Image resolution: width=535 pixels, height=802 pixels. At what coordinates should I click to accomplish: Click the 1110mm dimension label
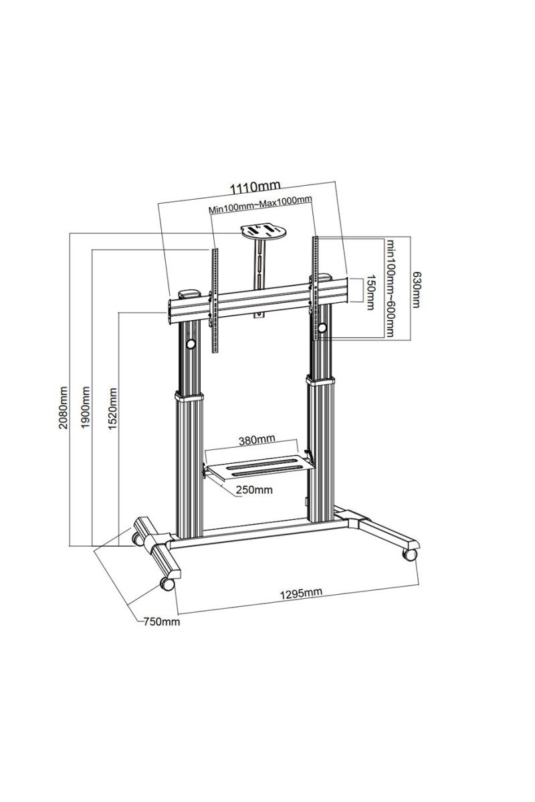coord(255,187)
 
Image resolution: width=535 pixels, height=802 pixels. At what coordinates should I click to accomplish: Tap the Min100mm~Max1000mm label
coord(260,207)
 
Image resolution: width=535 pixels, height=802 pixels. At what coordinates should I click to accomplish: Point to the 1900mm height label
coord(86,407)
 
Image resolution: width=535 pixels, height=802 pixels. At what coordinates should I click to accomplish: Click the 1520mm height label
coord(112,408)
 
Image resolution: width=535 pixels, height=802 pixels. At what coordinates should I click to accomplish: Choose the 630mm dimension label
coord(416,289)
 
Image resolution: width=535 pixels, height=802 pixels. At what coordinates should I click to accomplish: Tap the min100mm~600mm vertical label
coord(390,287)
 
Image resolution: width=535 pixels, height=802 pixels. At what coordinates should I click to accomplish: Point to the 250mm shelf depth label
coord(254,489)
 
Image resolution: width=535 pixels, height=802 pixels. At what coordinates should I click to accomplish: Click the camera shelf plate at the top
coord(263,231)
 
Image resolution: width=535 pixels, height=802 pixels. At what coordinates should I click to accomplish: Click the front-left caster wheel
coord(167,584)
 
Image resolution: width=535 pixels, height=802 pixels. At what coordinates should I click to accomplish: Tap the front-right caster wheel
coord(409,555)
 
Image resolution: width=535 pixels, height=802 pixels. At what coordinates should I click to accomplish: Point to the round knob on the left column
coord(191,344)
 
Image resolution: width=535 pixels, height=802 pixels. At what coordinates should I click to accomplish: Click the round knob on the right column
coord(322,327)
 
